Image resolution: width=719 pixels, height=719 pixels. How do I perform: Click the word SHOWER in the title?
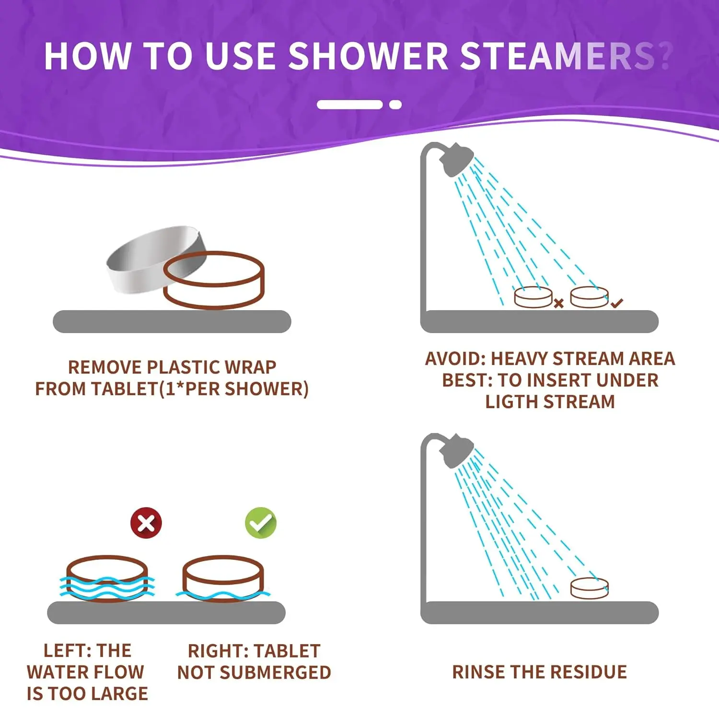368,57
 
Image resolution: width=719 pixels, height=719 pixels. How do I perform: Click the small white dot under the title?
395,105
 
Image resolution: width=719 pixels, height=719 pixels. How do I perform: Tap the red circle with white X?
146,523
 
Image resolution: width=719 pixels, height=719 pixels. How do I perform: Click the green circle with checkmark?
261,523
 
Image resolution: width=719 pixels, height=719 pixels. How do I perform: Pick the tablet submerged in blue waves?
107,578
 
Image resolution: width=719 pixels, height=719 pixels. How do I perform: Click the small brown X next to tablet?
558,303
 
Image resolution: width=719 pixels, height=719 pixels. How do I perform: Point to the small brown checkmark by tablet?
617,303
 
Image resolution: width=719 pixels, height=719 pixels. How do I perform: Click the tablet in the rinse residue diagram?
589,588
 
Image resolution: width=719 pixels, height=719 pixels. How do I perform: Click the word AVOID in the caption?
455,359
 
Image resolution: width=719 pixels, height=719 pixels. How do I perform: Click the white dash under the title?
349,105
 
